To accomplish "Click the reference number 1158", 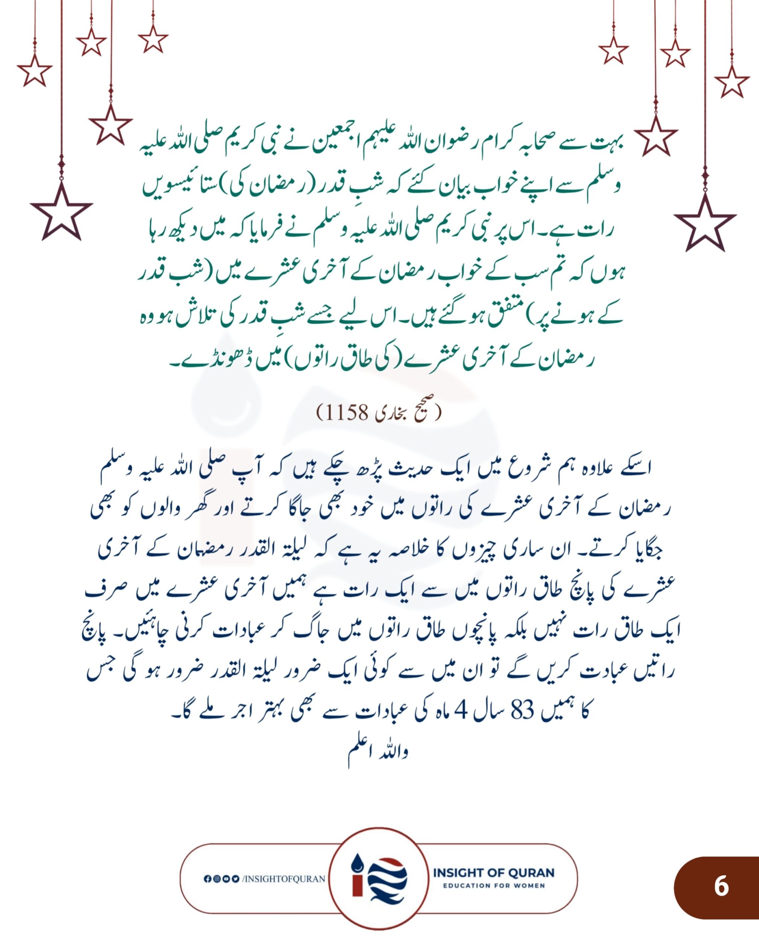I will click(347, 412).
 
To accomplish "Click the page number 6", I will click(721, 885).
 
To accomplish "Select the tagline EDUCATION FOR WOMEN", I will click(493, 886).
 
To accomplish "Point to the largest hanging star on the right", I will click(705, 224).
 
